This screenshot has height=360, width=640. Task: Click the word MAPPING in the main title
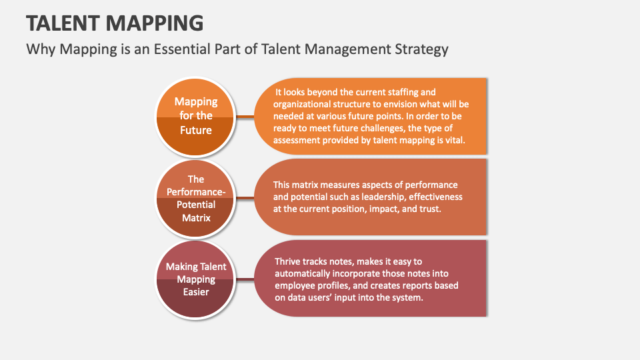tap(155, 23)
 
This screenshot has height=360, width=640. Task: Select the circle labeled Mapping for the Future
tap(195, 117)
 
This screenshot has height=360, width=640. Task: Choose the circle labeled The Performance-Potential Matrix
tap(195, 198)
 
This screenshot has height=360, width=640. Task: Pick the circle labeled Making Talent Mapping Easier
tap(195, 279)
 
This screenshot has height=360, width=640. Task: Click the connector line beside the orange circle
tap(245, 117)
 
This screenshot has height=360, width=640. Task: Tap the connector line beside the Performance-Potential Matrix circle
tap(245, 198)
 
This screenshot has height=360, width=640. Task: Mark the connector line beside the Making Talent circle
tap(245, 279)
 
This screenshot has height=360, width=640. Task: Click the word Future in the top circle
tap(196, 130)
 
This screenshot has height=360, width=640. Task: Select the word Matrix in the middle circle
tap(196, 218)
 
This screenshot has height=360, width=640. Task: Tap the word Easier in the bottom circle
tap(196, 292)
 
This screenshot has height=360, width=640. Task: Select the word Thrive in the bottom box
tap(287, 261)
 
